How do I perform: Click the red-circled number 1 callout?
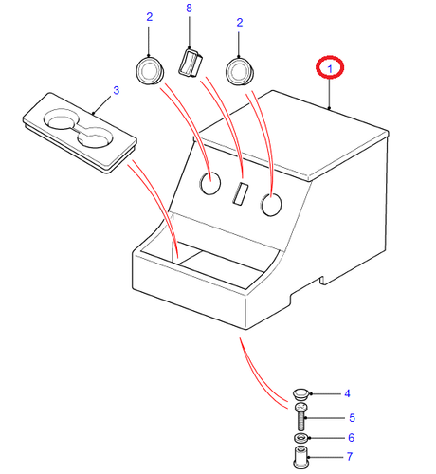(330, 67)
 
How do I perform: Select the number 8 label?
(189, 8)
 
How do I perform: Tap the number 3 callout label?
(117, 90)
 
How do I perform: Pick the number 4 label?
(347, 393)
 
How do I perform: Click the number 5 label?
(352, 418)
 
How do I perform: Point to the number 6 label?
(351, 438)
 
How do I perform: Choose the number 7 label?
(350, 457)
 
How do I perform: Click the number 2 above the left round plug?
(150, 17)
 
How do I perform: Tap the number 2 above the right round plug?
(240, 23)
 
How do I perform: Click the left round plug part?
(150, 71)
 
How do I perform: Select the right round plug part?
(240, 72)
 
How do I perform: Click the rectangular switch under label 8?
(191, 63)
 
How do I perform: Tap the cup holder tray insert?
(80, 132)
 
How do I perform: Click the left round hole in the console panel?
(210, 183)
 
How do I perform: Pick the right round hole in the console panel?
(271, 205)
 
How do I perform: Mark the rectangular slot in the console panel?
(241, 193)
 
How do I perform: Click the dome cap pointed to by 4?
(300, 394)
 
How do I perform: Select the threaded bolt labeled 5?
(301, 416)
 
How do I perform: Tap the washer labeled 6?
(301, 438)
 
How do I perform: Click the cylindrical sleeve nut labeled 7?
(301, 457)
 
